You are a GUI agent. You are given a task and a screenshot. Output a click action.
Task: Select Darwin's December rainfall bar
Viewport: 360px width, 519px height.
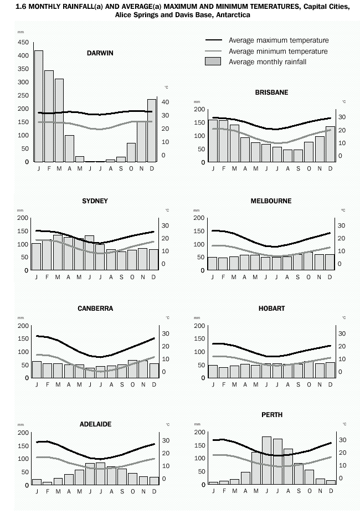pyautogui.click(x=152, y=131)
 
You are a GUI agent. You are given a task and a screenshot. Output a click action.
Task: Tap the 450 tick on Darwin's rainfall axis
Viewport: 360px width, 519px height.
pyautogui.click(x=23, y=42)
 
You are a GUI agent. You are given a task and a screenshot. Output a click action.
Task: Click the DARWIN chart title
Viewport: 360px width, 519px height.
pyautogui.click(x=100, y=53)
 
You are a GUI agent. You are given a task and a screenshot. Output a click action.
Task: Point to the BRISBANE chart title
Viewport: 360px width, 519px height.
pyautogui.click(x=271, y=93)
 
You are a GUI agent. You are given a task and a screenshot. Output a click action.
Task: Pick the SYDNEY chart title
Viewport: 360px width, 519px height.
pyautogui.click(x=95, y=201)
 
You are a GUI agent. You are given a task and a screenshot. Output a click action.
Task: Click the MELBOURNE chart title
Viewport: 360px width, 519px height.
pyautogui.click(x=271, y=201)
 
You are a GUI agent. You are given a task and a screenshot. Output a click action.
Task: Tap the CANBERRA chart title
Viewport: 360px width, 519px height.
pyautogui.click(x=95, y=309)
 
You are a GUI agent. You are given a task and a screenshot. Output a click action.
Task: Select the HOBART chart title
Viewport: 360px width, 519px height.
pyautogui.click(x=271, y=309)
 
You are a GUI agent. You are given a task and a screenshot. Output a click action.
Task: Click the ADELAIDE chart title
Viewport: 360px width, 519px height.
pyautogui.click(x=95, y=424)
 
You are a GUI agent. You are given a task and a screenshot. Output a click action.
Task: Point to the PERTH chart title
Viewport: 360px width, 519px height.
pyautogui.click(x=271, y=415)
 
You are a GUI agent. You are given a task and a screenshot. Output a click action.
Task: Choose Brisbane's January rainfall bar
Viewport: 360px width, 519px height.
pyautogui.click(x=213, y=141)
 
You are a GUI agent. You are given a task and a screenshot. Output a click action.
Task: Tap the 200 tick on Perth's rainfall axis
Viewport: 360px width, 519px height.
pyautogui.click(x=199, y=433)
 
